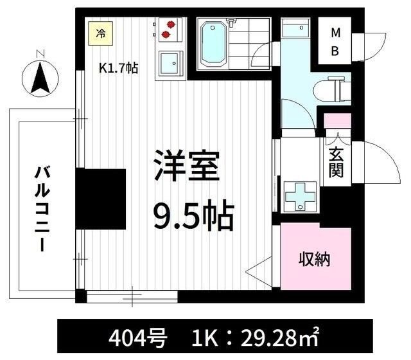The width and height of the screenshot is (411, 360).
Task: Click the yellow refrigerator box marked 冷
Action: coord(100,33)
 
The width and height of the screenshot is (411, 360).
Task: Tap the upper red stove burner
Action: coord(171,24)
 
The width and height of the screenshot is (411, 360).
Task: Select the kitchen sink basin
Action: coord(171,63)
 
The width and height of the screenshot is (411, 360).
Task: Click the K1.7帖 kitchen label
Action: coord(118,68)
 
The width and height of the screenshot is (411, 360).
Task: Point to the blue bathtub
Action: coord(213,44)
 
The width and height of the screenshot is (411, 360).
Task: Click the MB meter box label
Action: coord(335,42)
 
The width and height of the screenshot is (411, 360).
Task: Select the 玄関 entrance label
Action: coord(336,163)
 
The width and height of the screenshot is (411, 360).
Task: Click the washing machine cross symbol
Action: coord(300,196)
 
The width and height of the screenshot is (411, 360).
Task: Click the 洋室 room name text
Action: coord(187,166)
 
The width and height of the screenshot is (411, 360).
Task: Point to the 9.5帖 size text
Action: coord(193,215)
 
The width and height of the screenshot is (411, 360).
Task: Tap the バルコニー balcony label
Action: coord(42,208)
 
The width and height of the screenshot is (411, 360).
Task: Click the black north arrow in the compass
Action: coord(40,78)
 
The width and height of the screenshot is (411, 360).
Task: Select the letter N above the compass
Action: coord(40,54)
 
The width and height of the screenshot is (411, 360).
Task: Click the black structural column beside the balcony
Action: coord(101,199)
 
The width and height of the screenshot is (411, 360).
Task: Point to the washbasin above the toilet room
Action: coord(295,27)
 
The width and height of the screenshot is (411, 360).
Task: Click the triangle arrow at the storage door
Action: coord(259,271)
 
